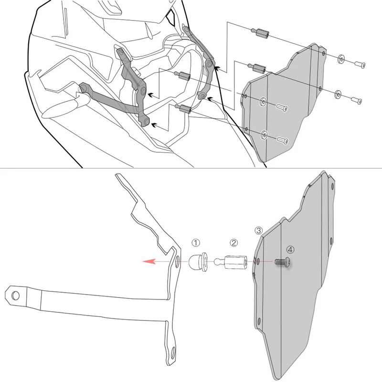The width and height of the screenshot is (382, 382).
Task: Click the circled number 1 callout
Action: coord(196,243)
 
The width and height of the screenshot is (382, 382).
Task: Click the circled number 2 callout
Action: coord(233,243)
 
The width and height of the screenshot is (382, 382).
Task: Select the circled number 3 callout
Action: coord(258,230)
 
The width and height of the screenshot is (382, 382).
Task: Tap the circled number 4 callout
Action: coord(290,249)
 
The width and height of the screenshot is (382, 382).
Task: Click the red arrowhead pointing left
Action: coord(149,261)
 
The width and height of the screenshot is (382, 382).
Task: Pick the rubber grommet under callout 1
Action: coord(198,262)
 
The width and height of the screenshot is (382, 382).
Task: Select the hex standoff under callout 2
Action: coord(231,262)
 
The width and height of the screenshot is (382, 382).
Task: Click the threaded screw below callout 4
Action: coord(283,262)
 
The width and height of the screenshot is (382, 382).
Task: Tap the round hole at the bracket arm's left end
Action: coord(15,295)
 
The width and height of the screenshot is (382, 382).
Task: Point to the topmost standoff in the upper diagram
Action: coord(260,32)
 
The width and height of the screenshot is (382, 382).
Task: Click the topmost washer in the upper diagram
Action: coord(341,59)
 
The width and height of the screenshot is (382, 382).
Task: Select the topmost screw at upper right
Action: coord(360,64)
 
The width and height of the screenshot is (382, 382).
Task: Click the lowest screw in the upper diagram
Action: coord(283,140)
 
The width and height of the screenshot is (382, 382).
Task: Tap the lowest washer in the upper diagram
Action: coord(265,135)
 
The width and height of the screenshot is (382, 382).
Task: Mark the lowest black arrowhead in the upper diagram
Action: coord(154,126)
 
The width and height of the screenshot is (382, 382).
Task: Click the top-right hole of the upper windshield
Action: coord(323,53)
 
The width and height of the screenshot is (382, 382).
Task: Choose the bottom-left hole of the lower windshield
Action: coord(259,320)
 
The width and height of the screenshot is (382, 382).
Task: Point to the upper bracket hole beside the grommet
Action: coord(177,261)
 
